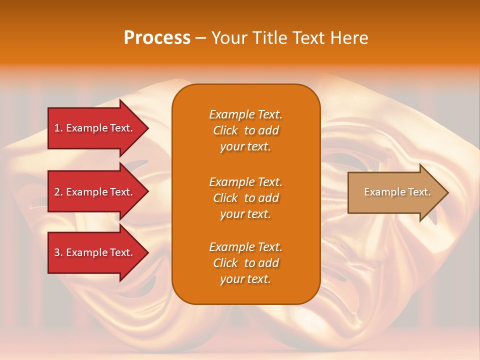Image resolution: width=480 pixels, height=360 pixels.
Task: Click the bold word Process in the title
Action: pos(157,38)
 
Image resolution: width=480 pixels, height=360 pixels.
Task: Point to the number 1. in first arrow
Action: pos(58,128)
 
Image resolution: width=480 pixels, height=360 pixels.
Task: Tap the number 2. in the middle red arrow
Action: pos(58,192)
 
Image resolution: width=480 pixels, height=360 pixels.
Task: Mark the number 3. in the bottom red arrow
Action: pos(58,252)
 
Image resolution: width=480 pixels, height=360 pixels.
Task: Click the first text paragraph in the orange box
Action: pos(245,130)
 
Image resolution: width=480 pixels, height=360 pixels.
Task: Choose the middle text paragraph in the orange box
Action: pos(245,198)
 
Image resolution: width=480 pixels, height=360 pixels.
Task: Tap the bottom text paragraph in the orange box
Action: pos(245,263)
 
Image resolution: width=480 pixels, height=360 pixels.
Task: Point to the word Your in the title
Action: pos(228,38)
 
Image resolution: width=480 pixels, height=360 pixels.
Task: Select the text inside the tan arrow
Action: pos(397,192)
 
